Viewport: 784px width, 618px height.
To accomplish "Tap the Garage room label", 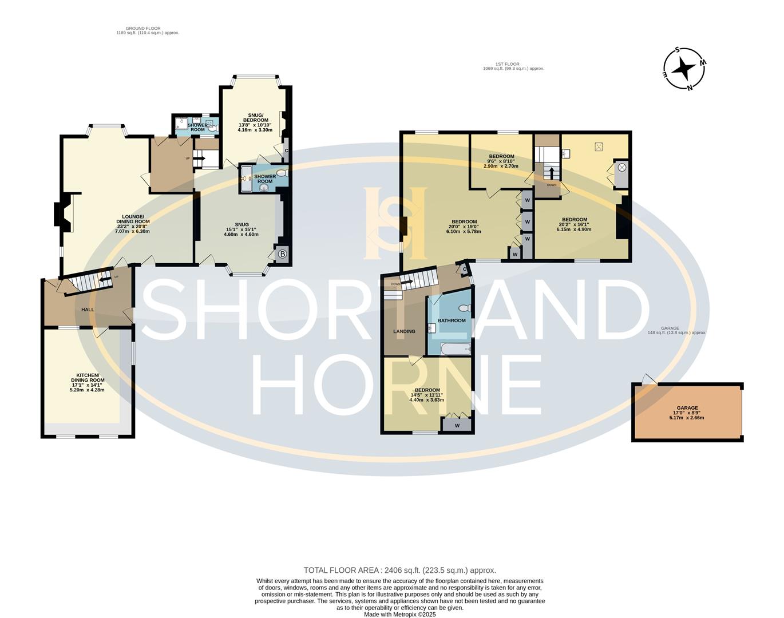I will pos(687,413).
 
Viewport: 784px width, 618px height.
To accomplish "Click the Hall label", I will pos(88,310).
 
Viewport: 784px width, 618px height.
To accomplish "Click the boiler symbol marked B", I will pos(282,254).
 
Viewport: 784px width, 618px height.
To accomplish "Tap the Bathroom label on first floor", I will pos(452,320).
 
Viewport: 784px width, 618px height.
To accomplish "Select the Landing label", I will pos(404,331).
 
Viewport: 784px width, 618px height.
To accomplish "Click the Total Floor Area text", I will pos(399,570).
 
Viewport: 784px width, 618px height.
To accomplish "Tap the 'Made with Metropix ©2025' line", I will pos(400,615).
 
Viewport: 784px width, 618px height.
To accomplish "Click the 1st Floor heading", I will pos(513,66).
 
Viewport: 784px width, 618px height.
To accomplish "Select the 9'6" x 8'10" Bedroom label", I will pos(501,161).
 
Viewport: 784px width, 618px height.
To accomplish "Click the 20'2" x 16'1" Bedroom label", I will pos(574,224).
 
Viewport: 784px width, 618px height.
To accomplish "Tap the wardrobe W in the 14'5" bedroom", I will pos(457,425).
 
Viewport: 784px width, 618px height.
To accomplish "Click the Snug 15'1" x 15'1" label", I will pos(241,229).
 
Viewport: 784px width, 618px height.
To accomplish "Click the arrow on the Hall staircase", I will pos(105,280).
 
